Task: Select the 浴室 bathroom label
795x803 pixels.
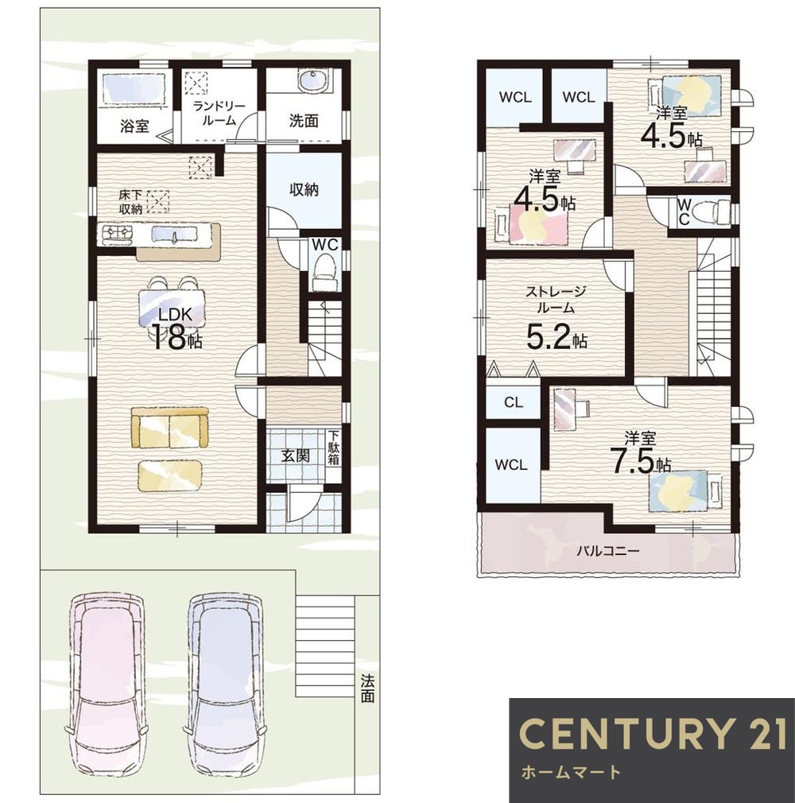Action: [x=134, y=126]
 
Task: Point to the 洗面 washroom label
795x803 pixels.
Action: [x=304, y=122]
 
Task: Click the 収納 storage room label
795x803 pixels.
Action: [x=304, y=190]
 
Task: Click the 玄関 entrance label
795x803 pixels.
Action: [x=296, y=456]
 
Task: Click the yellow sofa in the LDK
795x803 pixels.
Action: [x=170, y=428]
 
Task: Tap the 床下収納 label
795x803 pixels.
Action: [x=130, y=202]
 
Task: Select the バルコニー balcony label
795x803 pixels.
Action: [x=608, y=552]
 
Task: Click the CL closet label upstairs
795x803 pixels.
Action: [x=514, y=402]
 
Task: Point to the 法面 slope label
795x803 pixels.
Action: [x=367, y=689]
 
